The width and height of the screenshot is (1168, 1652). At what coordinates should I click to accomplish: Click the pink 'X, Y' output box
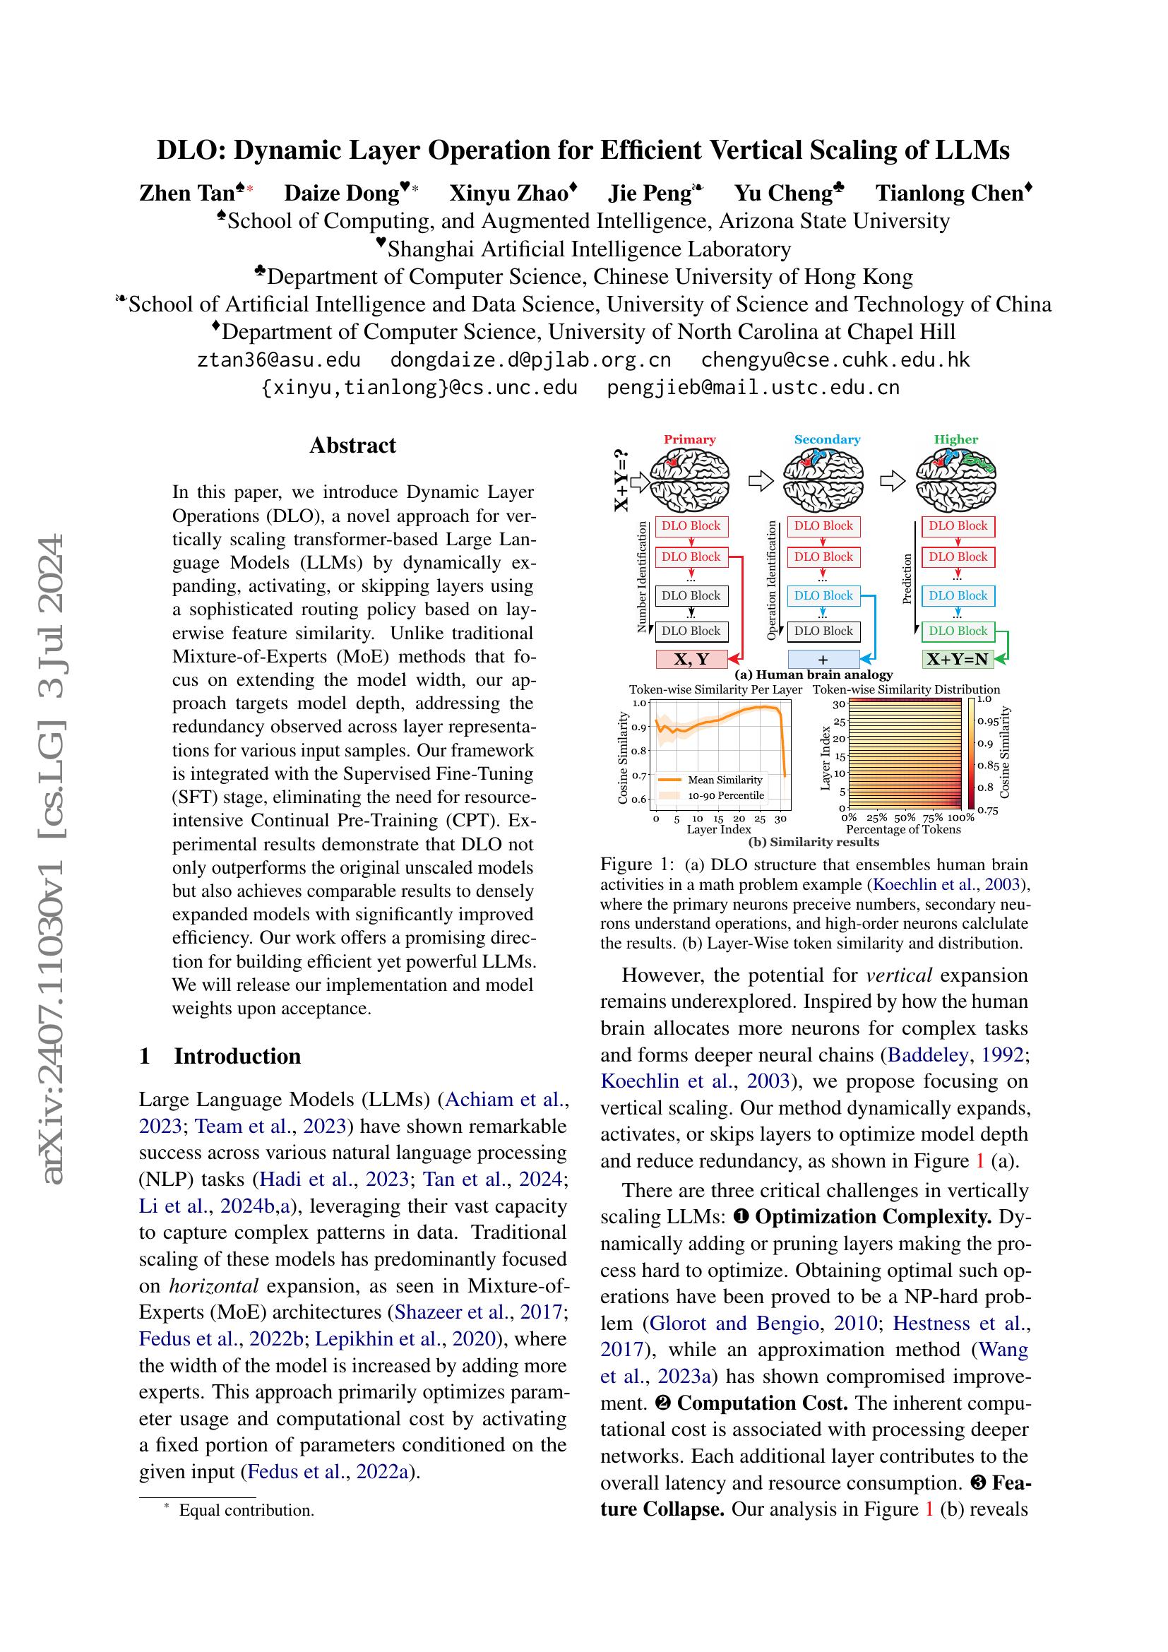(x=691, y=659)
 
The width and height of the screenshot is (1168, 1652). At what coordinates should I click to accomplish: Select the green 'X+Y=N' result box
(x=958, y=659)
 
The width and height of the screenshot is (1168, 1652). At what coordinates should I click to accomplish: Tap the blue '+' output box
(x=823, y=659)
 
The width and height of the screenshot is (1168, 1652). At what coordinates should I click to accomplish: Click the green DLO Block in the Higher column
(x=958, y=631)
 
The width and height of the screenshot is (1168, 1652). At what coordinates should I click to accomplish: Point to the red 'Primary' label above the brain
(x=690, y=439)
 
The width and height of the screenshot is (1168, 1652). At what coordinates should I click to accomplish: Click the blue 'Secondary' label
(x=827, y=439)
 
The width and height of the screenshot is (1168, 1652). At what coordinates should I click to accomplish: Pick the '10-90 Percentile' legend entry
(x=725, y=796)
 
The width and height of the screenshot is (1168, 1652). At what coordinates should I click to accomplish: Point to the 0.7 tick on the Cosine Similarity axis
(x=639, y=776)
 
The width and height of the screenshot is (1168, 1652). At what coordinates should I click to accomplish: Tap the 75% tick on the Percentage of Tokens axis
(x=933, y=818)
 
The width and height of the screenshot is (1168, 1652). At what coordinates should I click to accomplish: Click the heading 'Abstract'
(x=352, y=446)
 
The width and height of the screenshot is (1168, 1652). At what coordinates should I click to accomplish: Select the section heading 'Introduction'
(x=237, y=1056)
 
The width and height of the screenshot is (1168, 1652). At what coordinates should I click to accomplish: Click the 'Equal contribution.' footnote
(x=246, y=1510)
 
